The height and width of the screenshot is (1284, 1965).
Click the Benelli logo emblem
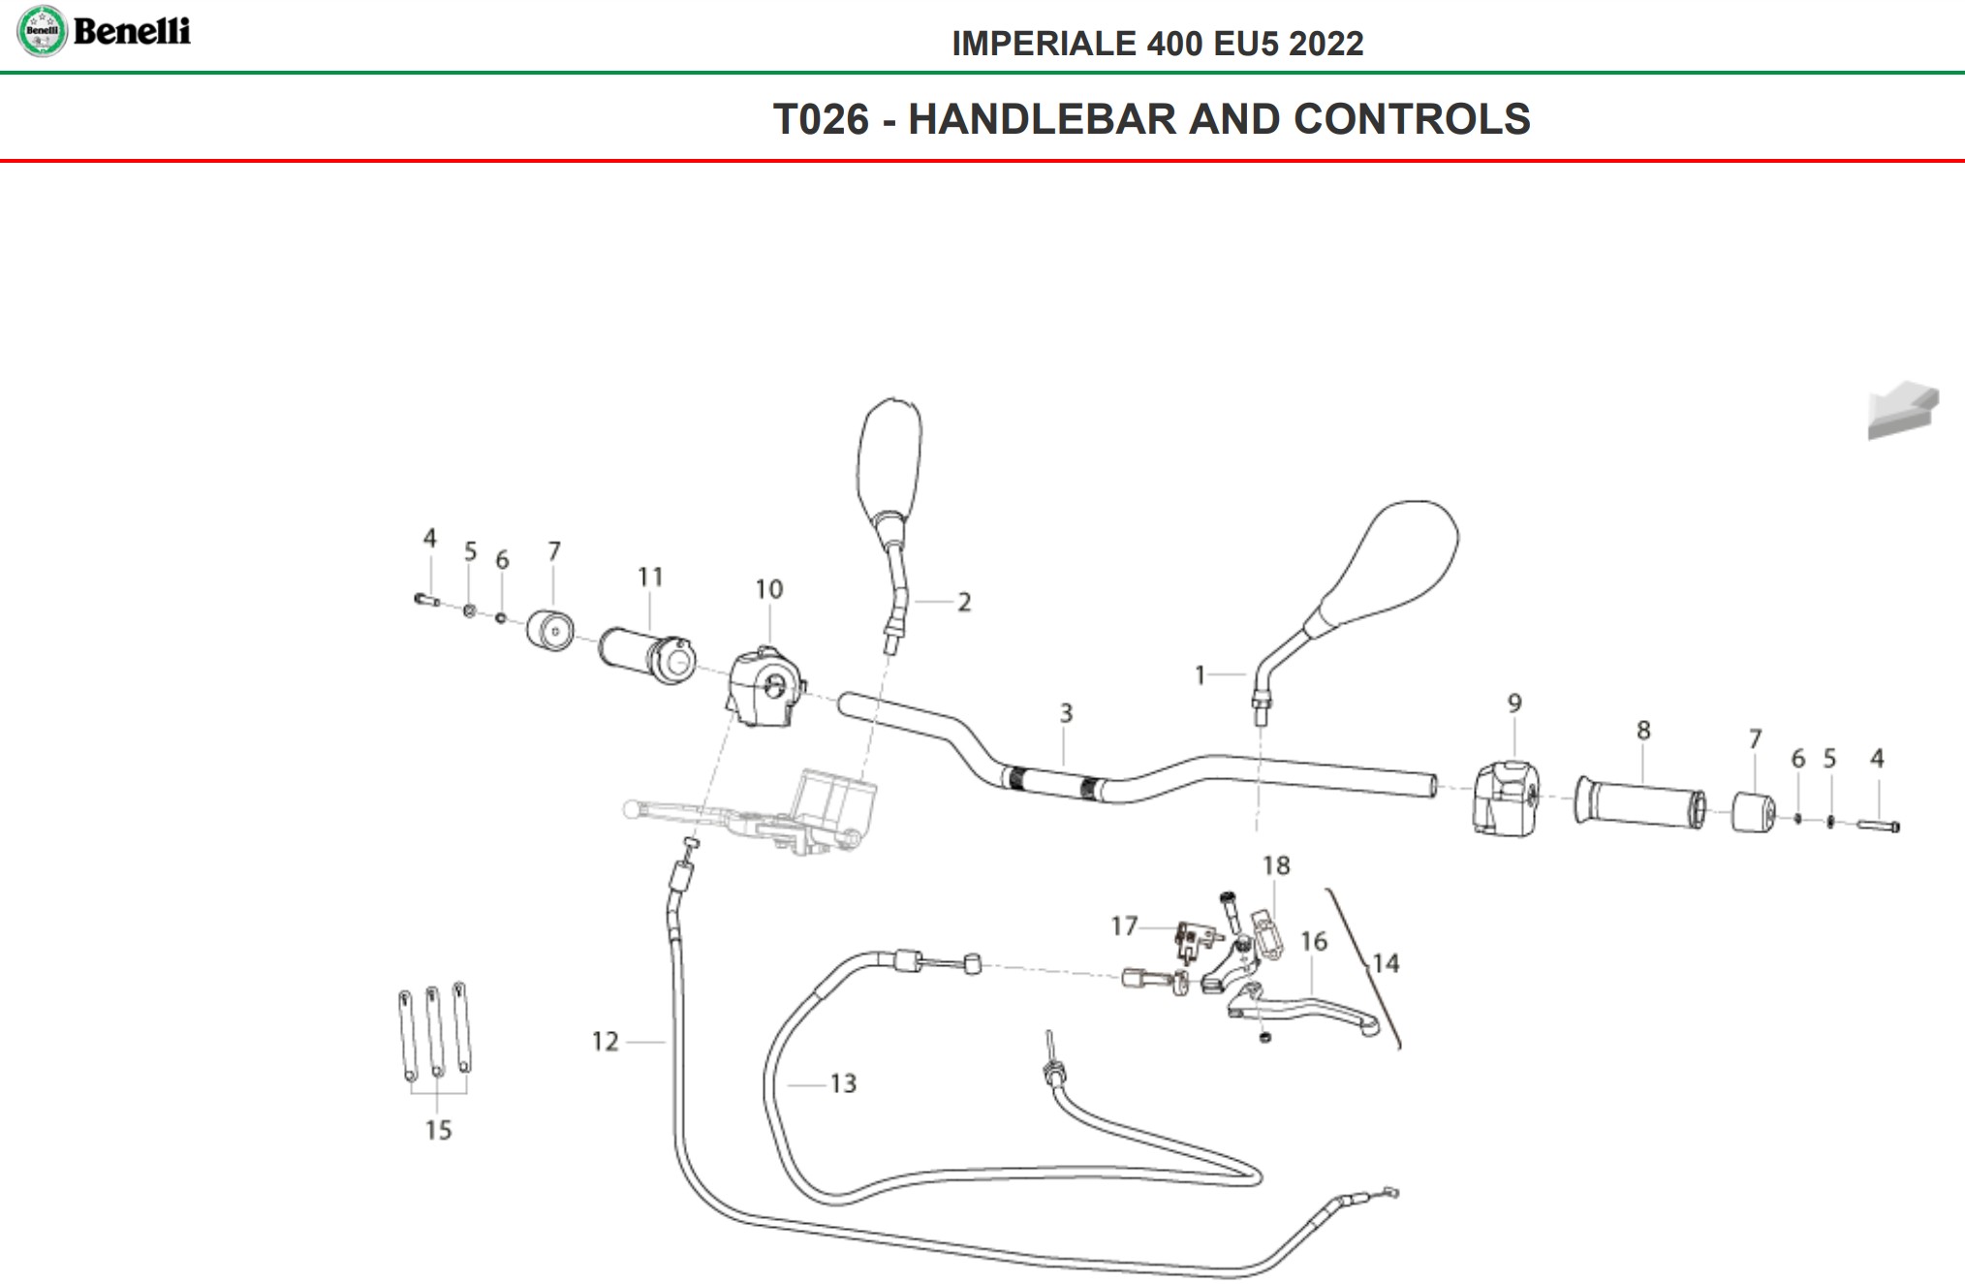point(42,31)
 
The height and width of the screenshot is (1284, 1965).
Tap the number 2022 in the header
point(1326,44)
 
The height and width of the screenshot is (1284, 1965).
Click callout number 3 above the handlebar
point(1066,713)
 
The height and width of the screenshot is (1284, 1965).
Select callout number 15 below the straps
point(438,1130)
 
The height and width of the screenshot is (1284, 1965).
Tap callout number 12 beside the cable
point(605,1042)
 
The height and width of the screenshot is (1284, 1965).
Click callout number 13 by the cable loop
point(843,1083)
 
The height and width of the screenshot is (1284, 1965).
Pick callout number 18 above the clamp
point(1276,865)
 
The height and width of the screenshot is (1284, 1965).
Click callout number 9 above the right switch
point(1514,703)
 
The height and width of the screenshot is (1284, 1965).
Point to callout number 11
point(650,577)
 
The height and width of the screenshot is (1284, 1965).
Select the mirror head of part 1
point(1393,562)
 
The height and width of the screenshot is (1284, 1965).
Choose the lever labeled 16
point(1308,1008)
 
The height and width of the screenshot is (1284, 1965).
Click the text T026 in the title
point(821,119)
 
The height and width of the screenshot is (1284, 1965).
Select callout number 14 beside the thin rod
point(1386,963)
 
